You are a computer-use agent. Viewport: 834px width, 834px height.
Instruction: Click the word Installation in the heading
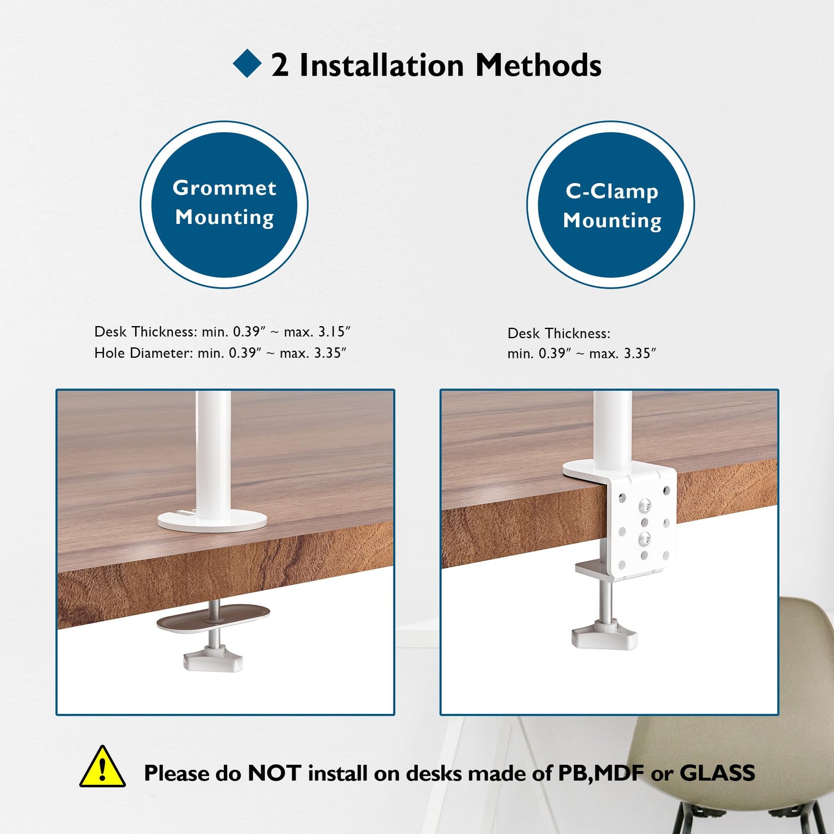(382, 65)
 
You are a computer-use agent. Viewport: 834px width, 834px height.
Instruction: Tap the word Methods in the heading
(538, 65)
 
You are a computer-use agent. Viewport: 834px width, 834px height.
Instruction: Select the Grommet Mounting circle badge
(224, 204)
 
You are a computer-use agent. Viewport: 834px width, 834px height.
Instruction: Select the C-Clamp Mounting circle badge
(611, 204)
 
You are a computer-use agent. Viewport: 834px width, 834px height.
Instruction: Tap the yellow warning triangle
(102, 768)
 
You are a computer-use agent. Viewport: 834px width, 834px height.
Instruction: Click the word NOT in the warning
(274, 773)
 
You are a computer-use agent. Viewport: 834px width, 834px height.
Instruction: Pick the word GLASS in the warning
(717, 773)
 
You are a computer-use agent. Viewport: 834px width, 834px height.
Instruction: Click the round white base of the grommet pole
(212, 521)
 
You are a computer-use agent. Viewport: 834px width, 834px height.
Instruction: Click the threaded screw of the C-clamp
(605, 600)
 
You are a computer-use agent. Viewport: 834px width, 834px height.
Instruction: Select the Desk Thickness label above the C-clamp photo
(559, 334)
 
